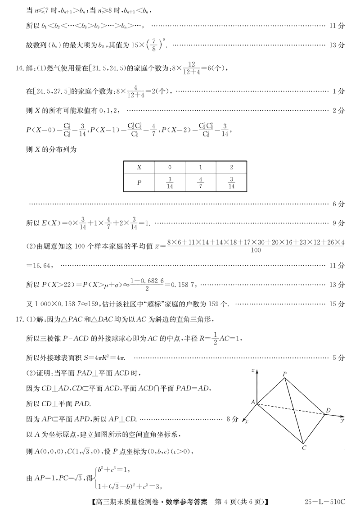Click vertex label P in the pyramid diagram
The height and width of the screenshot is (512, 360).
pyautogui.click(x=285, y=374)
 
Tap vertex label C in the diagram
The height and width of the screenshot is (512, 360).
pyautogui.click(x=305, y=448)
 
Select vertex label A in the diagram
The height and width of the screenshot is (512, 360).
pyautogui.click(x=253, y=402)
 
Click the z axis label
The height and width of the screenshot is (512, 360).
pyautogui.click(x=254, y=370)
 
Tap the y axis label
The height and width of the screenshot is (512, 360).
pyautogui.click(x=342, y=420)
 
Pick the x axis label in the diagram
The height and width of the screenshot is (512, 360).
pyautogui.click(x=247, y=422)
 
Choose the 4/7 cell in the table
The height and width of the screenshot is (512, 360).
pyautogui.click(x=201, y=183)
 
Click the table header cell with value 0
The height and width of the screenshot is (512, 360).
pyautogui.click(x=170, y=167)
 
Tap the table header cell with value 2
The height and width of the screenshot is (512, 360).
pyautogui.click(x=231, y=167)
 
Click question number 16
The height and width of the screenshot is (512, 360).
pyautogui.click(x=18, y=68)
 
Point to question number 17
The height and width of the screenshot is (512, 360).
pyautogui.click(x=18, y=320)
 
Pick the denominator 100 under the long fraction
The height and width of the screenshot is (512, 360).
pyautogui.click(x=255, y=250)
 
